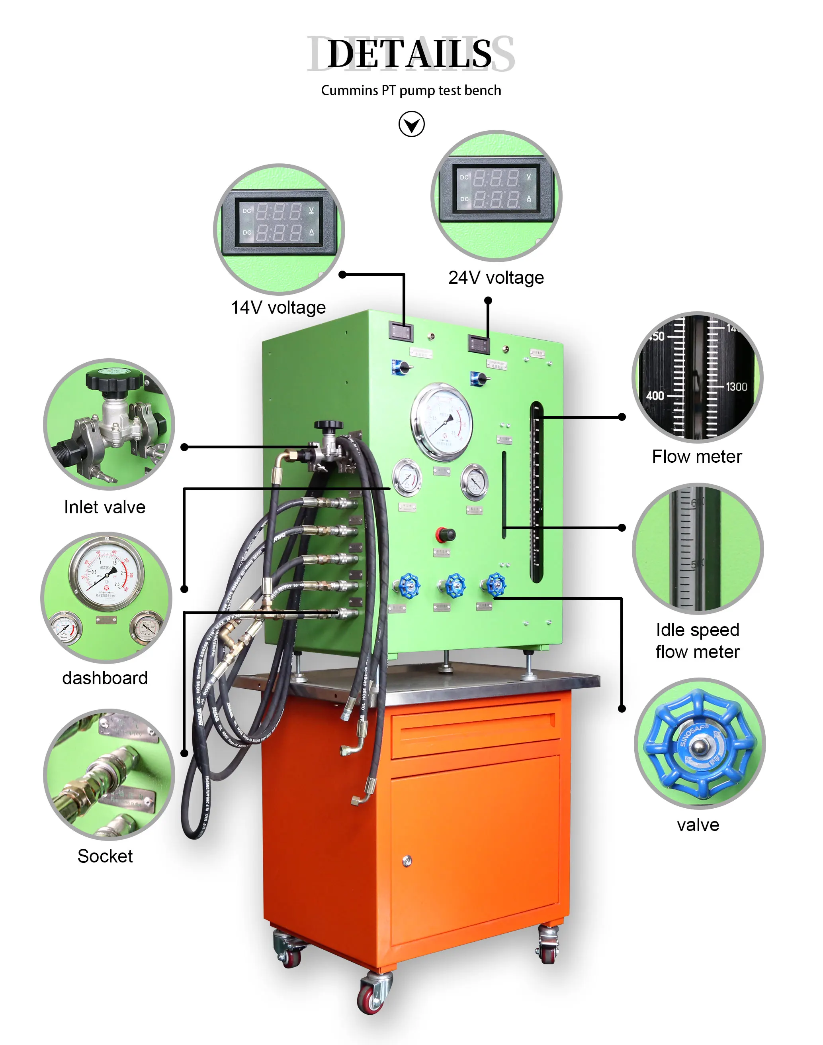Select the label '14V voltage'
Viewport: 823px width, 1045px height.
(x=278, y=308)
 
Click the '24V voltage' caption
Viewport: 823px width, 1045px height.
(x=496, y=278)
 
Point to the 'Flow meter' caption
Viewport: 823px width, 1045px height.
(x=697, y=457)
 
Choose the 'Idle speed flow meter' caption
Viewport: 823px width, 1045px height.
(x=697, y=641)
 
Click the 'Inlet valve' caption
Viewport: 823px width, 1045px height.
(x=105, y=507)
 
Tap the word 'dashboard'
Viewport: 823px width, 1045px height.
(x=105, y=678)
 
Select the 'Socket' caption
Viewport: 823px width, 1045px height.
(x=105, y=856)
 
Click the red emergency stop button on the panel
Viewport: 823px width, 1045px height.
(x=445, y=534)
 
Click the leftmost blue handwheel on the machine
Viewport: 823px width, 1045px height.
(x=409, y=586)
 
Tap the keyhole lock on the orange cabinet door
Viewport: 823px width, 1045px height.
(x=407, y=861)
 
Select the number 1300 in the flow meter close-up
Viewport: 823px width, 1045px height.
(x=736, y=387)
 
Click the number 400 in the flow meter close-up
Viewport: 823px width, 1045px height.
(x=655, y=396)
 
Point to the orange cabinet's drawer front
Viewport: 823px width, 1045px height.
(x=475, y=733)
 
